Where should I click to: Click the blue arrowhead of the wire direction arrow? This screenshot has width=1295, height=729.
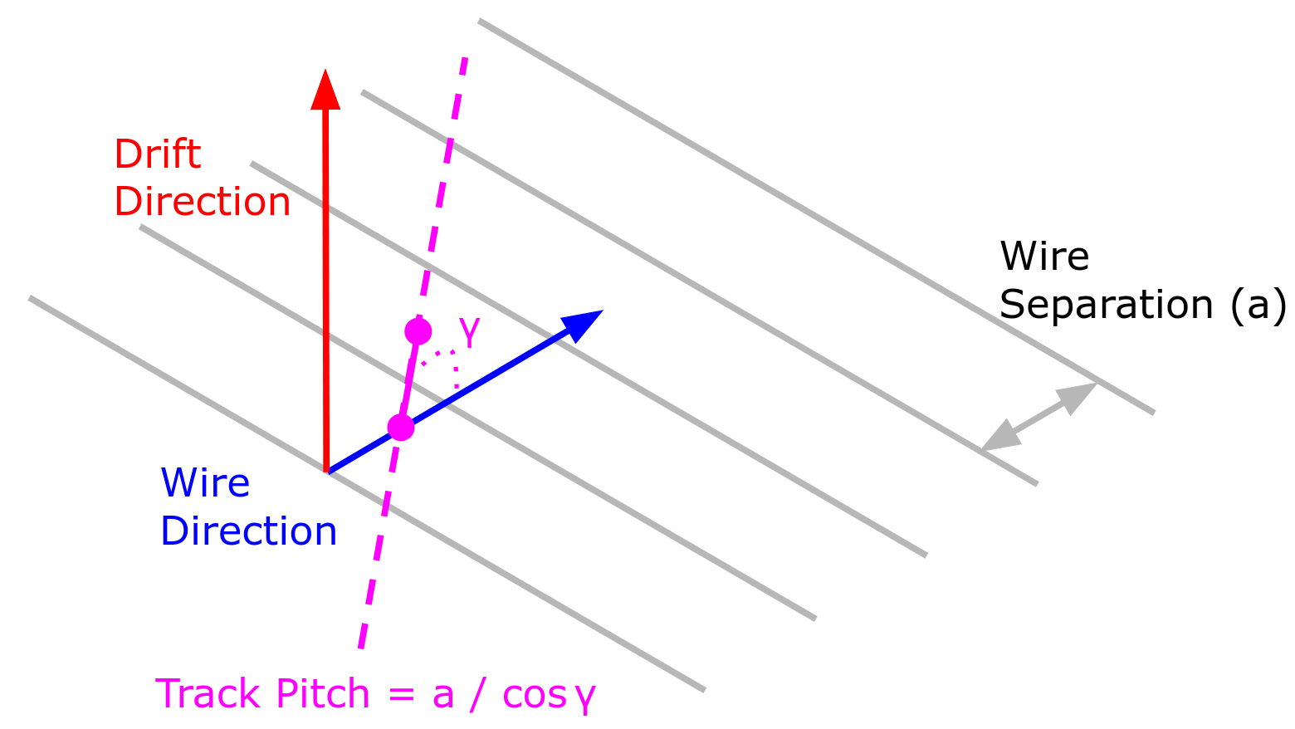(x=583, y=324)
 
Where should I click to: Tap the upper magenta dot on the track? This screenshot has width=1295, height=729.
(x=418, y=332)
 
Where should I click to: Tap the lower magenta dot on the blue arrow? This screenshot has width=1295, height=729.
(x=401, y=428)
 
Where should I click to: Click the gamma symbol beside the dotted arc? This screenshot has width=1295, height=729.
(x=469, y=334)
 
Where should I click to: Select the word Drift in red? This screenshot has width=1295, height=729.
(x=157, y=154)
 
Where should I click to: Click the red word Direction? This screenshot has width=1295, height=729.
(x=202, y=202)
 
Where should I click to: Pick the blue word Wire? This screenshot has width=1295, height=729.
(x=205, y=482)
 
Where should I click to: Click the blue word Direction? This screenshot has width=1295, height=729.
(x=248, y=531)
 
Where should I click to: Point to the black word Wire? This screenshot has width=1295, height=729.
(x=1043, y=256)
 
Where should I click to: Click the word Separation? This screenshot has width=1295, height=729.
(x=1107, y=305)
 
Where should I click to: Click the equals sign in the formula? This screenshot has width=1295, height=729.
(x=401, y=695)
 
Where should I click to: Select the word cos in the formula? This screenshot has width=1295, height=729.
(x=533, y=695)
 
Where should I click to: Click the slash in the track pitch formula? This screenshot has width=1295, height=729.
(x=477, y=694)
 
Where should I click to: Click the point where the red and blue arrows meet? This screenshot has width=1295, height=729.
(x=328, y=472)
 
